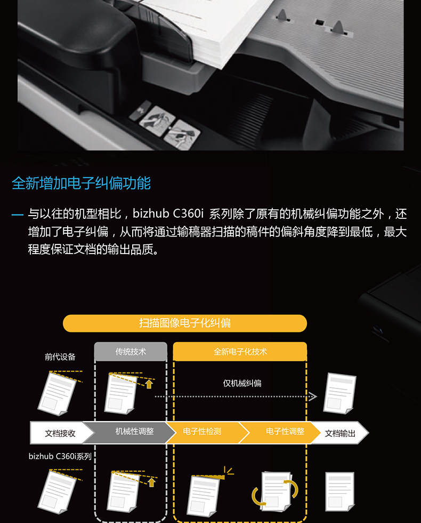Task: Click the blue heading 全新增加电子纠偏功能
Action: (81, 183)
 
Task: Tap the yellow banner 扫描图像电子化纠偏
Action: (185, 323)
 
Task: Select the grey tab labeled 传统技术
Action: (131, 352)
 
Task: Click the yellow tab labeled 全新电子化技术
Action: (240, 352)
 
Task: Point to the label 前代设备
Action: (60, 357)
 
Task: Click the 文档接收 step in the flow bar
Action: (60, 433)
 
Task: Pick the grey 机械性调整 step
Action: (134, 432)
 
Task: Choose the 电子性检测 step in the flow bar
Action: (202, 432)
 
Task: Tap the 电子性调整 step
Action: (285, 432)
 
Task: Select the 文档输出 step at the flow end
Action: (340, 433)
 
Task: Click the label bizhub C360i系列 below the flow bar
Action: (60, 456)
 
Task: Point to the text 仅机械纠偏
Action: (242, 383)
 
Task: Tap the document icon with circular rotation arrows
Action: (275, 492)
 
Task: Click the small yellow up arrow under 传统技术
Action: (149, 384)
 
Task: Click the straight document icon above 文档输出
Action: (340, 394)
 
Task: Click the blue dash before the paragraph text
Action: (17, 215)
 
